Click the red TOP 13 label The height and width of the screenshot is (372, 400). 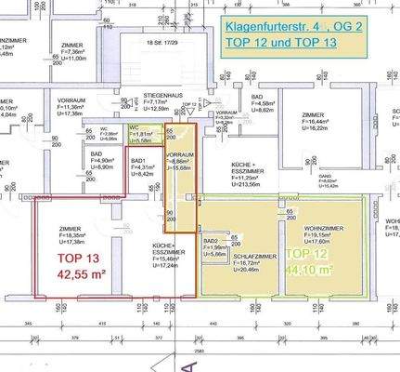coord(81,259)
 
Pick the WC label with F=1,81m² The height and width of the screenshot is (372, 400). coord(134,127)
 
